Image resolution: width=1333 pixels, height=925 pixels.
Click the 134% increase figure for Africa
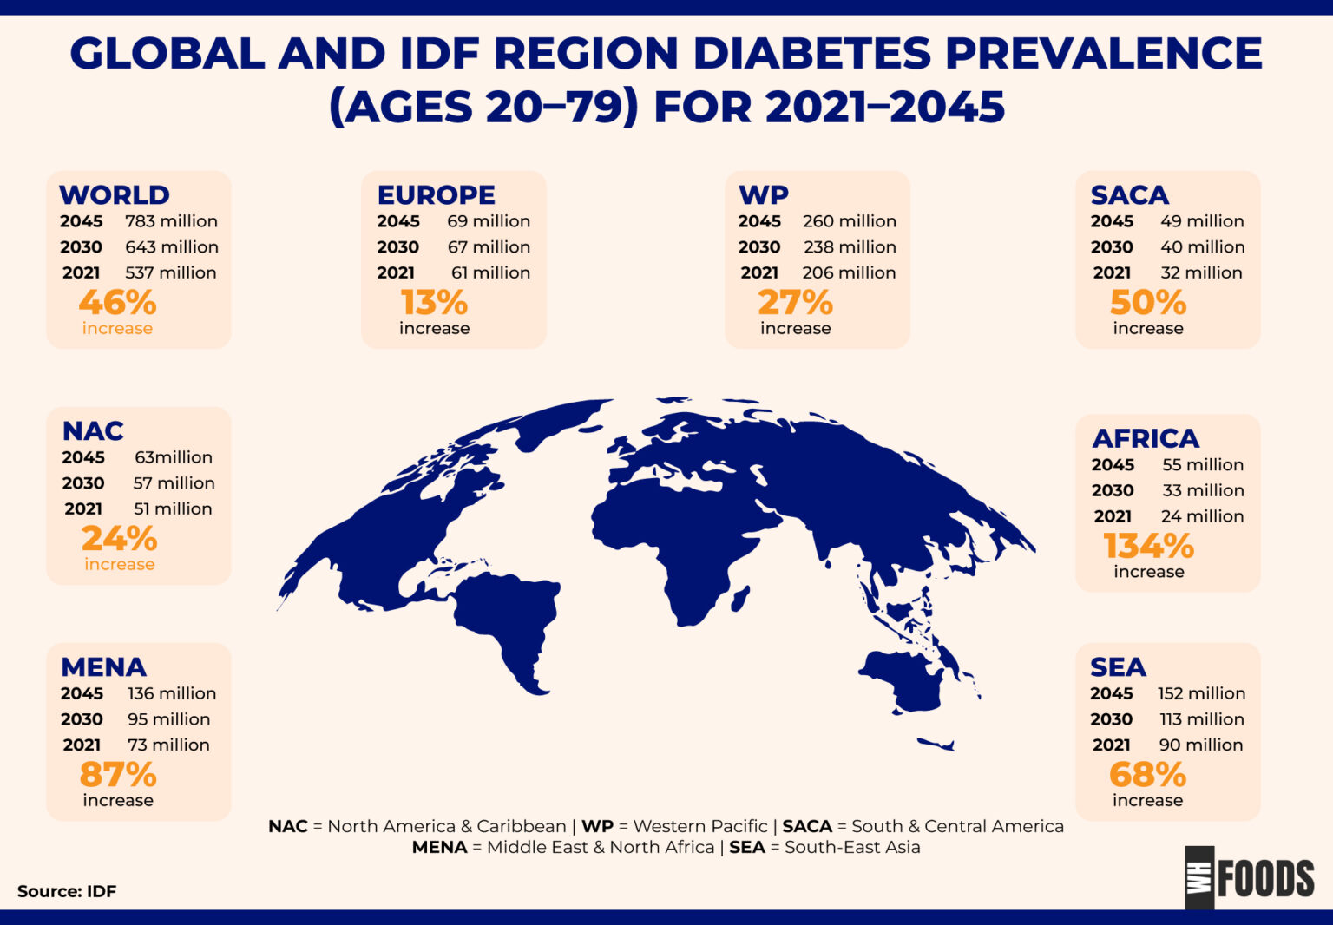coord(1148,546)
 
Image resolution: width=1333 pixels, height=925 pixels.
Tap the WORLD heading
coord(115,194)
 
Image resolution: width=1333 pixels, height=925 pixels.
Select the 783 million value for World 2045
coord(171,221)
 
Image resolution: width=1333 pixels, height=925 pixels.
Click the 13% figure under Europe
coord(434,303)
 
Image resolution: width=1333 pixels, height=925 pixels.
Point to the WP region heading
coord(763,194)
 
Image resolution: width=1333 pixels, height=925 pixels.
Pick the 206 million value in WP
coord(849,272)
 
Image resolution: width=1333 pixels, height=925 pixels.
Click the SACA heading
coord(1129,194)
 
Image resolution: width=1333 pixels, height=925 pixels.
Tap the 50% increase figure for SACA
coord(1147,303)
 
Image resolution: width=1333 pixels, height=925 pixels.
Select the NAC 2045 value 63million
coord(173,457)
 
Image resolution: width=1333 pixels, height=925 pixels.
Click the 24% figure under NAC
coord(119,539)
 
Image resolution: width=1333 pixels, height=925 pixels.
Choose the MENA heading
coord(103,666)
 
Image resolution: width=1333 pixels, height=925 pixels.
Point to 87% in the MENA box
coord(118,774)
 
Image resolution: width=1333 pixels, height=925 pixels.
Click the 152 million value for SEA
coord(1201,693)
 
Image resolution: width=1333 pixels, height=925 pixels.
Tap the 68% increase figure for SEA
coord(1147,774)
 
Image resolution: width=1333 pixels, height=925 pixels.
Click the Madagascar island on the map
coord(740,598)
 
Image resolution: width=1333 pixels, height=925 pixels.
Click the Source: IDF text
coord(67,891)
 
